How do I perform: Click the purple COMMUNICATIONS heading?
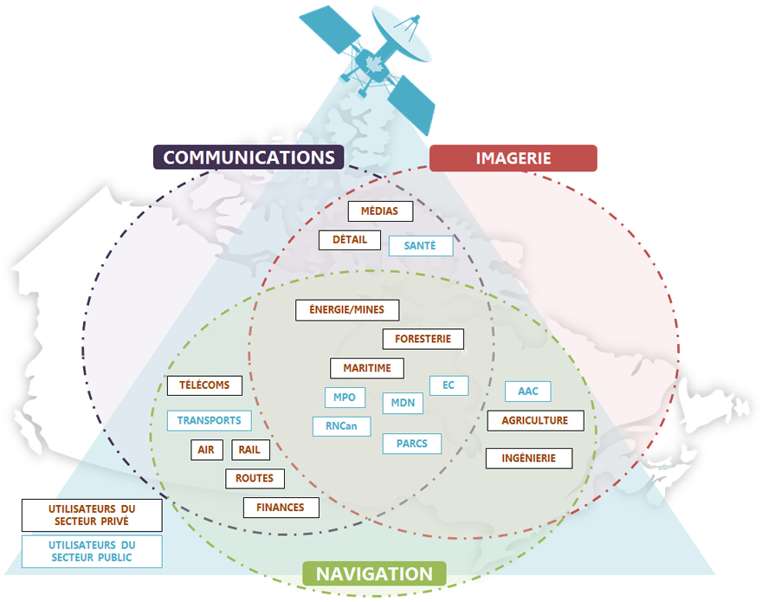click(x=249, y=157)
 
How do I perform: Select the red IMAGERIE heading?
click(x=513, y=158)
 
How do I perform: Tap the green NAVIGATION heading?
click(x=374, y=574)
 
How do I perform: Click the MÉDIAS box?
click(x=380, y=211)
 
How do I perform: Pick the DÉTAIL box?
click(x=350, y=240)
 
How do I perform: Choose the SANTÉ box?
click(x=420, y=246)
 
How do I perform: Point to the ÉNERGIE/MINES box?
click(x=346, y=310)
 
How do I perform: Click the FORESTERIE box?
click(x=423, y=339)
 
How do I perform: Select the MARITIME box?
click(x=367, y=368)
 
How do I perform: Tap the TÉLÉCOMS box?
click(x=204, y=385)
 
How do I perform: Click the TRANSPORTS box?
click(x=209, y=421)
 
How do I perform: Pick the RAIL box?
click(x=250, y=450)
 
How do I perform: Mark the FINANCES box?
click(x=281, y=508)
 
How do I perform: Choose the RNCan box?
click(x=341, y=426)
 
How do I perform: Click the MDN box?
click(x=403, y=403)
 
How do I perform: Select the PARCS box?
click(x=412, y=443)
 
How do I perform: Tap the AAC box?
click(x=528, y=392)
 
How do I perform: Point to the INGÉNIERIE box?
click(x=529, y=457)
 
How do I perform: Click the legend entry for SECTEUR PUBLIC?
click(x=92, y=551)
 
